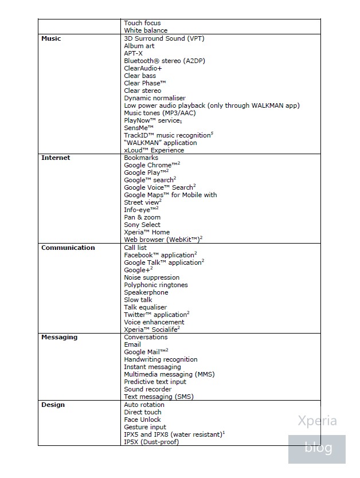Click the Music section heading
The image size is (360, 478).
[51, 38]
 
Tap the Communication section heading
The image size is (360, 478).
[68, 248]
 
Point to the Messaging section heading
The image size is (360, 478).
[59, 337]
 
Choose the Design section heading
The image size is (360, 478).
[53, 405]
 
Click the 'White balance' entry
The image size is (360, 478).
[146, 30]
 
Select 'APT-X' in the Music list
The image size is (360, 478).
[133, 53]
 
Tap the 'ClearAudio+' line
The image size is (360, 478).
[143, 68]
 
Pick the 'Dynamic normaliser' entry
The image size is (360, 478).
[155, 98]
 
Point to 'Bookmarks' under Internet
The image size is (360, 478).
[141, 158]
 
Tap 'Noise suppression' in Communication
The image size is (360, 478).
[151, 277]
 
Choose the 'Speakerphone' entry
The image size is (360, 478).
[146, 292]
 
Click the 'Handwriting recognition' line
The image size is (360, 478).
[161, 359]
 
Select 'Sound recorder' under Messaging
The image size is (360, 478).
[147, 389]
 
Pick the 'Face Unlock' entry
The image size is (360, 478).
[142, 420]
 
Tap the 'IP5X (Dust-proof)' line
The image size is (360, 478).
[151, 442]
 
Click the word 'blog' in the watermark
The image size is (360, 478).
[318, 448]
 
